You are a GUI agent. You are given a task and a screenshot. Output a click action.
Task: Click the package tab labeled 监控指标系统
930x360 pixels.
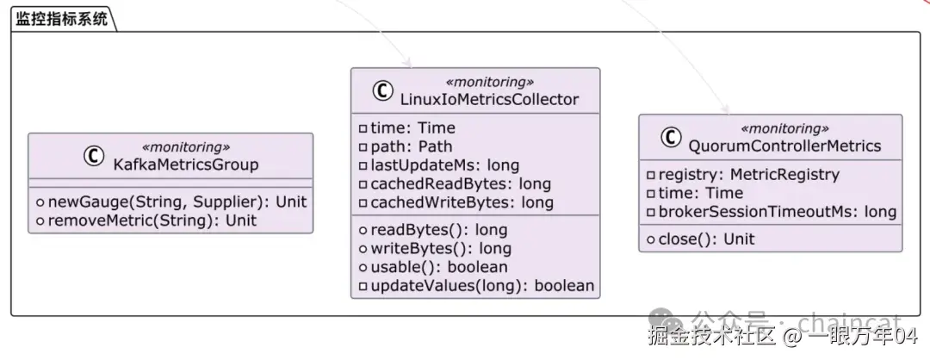[x=61, y=19]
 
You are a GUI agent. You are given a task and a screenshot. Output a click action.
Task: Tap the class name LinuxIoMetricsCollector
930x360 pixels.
[x=489, y=98]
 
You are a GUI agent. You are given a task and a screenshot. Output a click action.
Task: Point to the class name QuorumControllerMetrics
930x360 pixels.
[x=784, y=146]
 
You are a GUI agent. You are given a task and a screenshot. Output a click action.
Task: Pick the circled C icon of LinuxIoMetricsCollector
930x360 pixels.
[x=382, y=90]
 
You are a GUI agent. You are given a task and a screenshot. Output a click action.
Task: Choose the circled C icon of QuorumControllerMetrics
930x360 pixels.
[x=671, y=138]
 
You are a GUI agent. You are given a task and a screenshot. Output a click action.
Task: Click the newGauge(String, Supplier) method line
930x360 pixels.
[x=171, y=202]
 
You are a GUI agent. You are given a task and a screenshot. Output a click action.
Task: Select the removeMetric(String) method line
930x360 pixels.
[x=146, y=221]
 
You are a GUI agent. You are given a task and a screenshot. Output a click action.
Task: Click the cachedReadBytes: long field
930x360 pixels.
[x=455, y=183]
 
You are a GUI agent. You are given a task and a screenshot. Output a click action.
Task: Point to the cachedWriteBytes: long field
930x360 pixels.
[x=456, y=202]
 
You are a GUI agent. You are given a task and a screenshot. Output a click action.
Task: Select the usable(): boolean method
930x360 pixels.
[x=433, y=267]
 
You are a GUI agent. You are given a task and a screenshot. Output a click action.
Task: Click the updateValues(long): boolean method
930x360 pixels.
[x=476, y=286]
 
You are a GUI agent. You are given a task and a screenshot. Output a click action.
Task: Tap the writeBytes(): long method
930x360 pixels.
[x=435, y=248]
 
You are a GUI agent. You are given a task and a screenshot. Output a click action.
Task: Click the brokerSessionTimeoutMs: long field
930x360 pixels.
[x=772, y=212]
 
